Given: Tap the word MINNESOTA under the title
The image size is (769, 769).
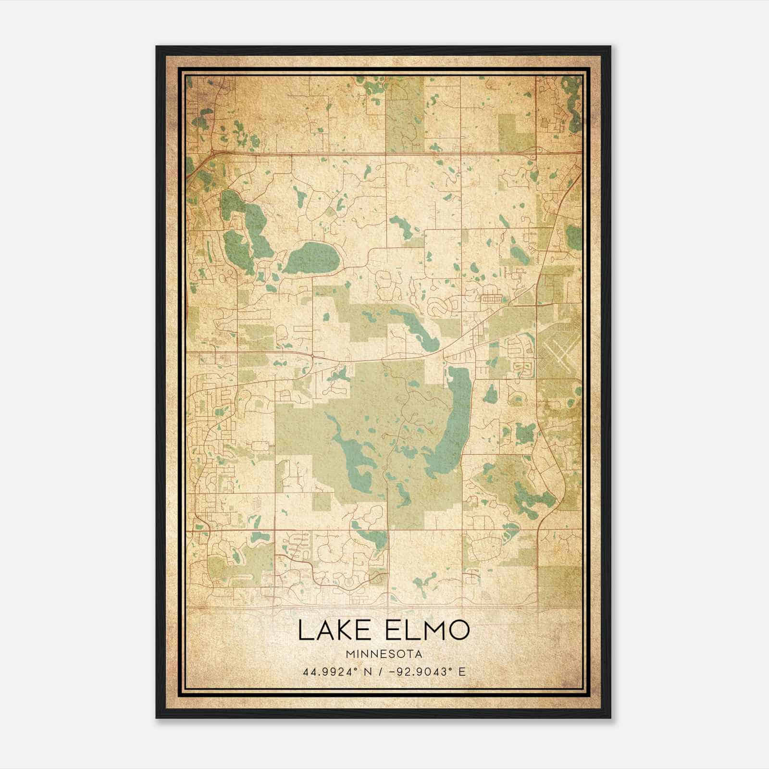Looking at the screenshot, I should tap(383, 654).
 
